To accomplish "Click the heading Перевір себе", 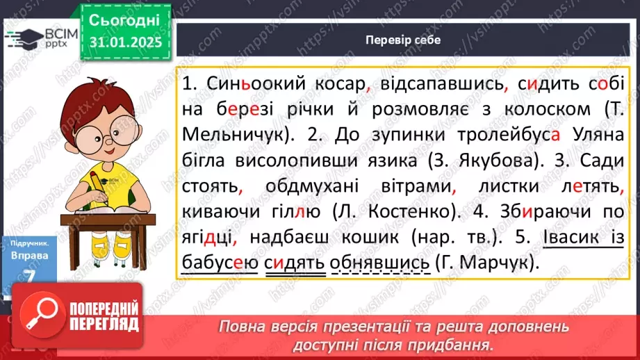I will (x=403, y=40).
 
